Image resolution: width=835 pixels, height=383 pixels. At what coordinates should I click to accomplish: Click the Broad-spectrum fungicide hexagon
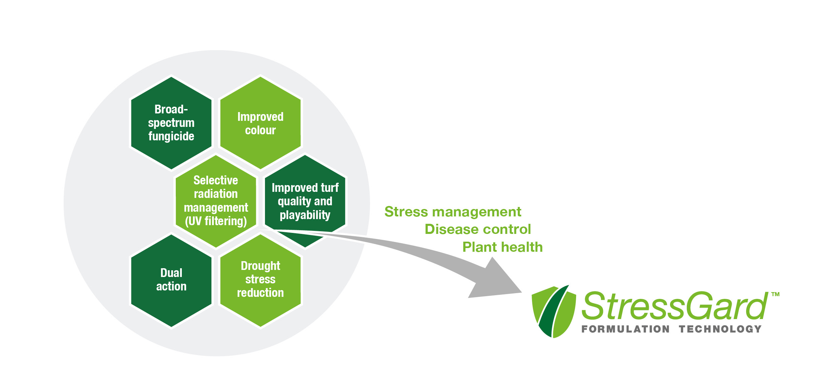[171, 123]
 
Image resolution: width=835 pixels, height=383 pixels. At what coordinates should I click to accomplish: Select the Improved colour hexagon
[260, 123]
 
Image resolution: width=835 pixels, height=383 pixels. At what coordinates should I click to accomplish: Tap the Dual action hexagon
[171, 280]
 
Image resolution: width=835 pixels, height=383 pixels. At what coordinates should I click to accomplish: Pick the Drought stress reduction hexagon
[260, 280]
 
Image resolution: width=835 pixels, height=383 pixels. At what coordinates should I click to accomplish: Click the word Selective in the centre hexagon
[215, 180]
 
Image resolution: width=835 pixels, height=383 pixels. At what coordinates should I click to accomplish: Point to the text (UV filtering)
[216, 221]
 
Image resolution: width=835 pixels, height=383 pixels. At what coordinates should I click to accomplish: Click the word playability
[305, 215]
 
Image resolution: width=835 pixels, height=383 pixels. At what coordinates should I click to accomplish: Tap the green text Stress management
[453, 212]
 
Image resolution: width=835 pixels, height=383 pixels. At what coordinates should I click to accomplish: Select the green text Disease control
[477, 230]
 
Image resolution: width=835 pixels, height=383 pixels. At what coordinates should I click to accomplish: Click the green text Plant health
[502, 247]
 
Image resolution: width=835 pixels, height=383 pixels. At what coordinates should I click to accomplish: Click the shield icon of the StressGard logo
[553, 311]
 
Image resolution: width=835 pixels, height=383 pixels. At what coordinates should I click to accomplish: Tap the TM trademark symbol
[775, 294]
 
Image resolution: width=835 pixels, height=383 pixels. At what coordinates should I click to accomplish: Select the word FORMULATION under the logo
[625, 329]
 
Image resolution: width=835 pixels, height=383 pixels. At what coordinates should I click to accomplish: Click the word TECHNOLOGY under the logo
[720, 329]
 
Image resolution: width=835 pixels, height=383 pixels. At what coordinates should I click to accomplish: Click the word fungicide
[171, 136]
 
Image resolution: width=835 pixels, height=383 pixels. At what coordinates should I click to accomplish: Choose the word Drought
[260, 266]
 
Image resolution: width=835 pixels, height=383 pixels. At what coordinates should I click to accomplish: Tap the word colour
[260, 130]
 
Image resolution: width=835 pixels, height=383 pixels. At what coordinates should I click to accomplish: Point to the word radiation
[215, 194]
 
